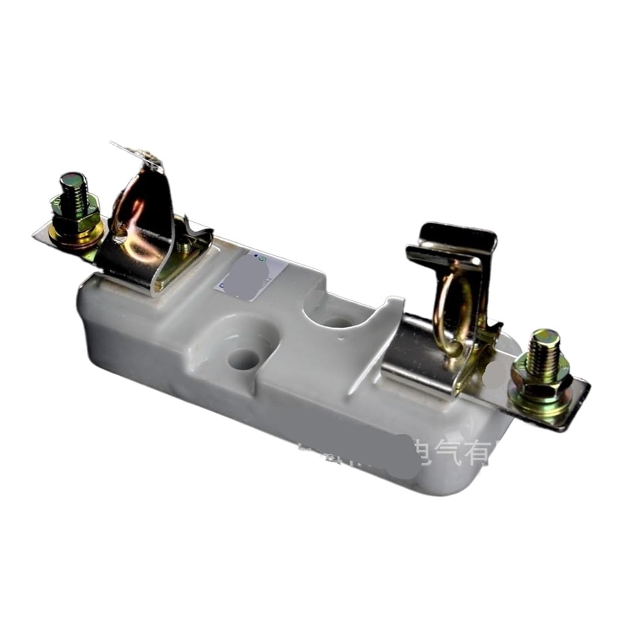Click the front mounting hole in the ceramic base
(x=244, y=359)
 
